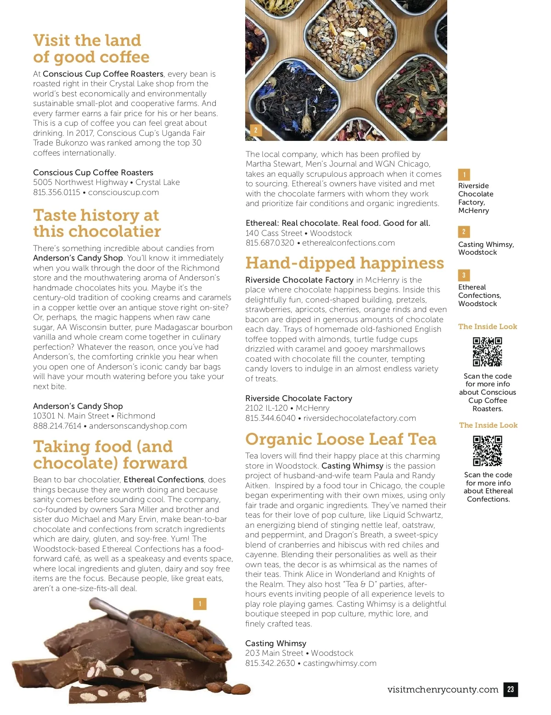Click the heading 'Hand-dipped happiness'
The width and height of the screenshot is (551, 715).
coord(344,263)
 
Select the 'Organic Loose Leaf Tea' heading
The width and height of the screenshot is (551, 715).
coord(341,439)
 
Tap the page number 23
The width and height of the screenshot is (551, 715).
coord(511,689)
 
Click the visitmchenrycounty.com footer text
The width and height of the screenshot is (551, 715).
coord(443,689)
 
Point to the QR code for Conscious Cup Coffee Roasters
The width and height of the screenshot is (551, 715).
coord(487,352)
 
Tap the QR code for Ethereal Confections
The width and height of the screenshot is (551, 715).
coord(488,451)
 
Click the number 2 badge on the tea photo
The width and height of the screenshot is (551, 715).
coord(256,130)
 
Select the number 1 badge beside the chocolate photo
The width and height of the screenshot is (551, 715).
coord(200,603)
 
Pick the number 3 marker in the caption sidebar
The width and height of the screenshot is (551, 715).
coord(464,275)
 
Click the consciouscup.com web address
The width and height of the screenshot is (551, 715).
coord(124,192)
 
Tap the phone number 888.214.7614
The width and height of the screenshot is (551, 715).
coord(57,426)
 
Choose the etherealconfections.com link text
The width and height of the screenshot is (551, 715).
coord(348,243)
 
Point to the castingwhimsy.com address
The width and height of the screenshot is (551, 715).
coord(339,663)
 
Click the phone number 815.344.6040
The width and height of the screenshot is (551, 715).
coord(270,418)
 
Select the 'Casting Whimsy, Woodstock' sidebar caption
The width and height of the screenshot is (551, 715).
coord(486,248)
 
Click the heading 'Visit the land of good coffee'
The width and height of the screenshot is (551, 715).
coord(91,49)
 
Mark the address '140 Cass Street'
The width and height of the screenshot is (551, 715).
coord(274,233)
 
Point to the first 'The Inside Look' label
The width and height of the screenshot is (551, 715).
coord(488,327)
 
